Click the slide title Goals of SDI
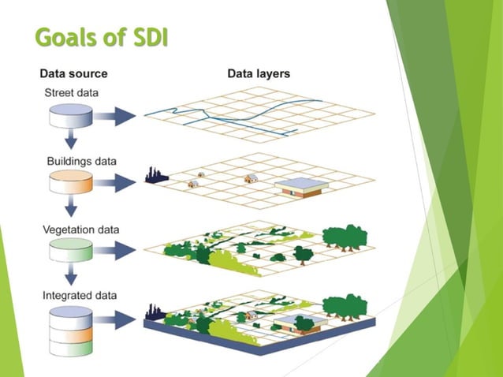pyautogui.click(x=102, y=37)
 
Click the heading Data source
pyautogui.click(x=74, y=74)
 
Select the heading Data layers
pyautogui.click(x=259, y=74)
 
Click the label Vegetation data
pyautogui.click(x=81, y=230)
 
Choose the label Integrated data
pyautogui.click(x=80, y=296)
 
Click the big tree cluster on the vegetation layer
pyautogui.click(x=344, y=236)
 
